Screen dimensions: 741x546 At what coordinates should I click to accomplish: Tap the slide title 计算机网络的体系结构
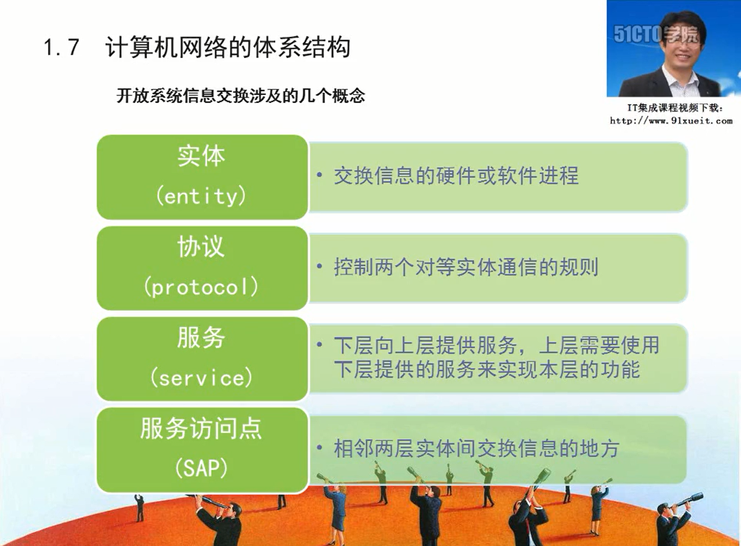click(x=227, y=48)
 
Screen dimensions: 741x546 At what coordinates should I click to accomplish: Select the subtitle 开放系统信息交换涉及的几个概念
click(x=241, y=96)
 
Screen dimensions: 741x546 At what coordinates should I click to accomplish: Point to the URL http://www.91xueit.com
click(x=671, y=121)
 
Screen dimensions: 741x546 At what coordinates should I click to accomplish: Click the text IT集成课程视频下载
click(x=675, y=108)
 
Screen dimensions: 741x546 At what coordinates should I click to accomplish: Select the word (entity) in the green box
click(x=201, y=197)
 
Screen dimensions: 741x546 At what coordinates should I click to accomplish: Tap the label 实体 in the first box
click(x=201, y=156)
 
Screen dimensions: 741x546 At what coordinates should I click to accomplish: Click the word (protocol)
click(x=201, y=287)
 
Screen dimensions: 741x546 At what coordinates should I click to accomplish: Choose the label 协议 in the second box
click(x=201, y=247)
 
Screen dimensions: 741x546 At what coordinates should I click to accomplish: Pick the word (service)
click(x=201, y=377)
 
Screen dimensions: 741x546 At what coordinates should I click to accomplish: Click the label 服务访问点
click(x=201, y=428)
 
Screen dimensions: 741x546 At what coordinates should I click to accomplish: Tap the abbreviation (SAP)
click(x=201, y=468)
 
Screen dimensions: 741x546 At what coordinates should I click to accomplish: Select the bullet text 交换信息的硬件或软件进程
click(x=457, y=175)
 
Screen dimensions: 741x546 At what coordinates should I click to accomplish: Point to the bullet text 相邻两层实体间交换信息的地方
click(x=476, y=449)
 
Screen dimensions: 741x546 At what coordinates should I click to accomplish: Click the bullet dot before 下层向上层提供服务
click(x=319, y=345)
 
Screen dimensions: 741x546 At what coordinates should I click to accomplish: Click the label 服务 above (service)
click(x=201, y=338)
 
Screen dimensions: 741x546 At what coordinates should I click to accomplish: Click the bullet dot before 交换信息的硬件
click(x=319, y=174)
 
